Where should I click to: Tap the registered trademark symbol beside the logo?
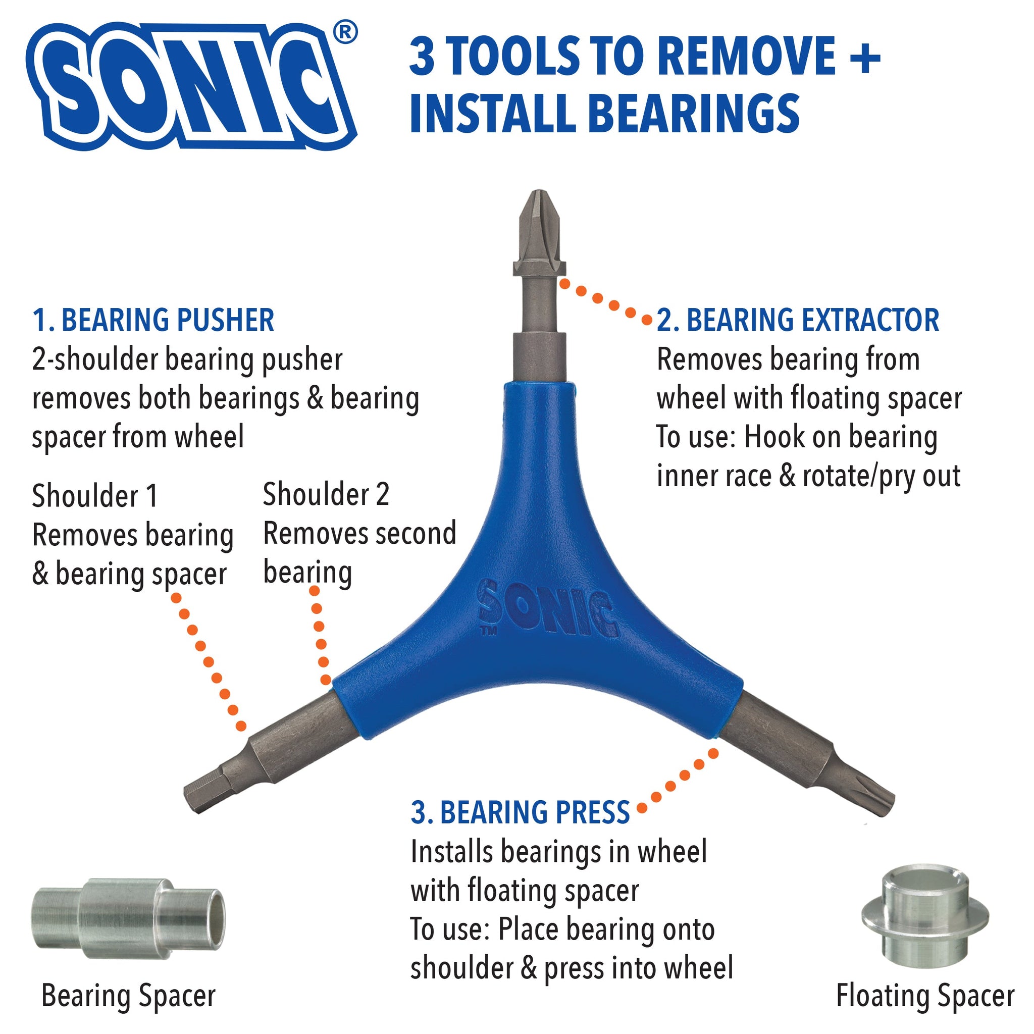[x=345, y=33]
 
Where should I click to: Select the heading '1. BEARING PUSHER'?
[x=153, y=320]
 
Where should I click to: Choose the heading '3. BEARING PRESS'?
[x=520, y=812]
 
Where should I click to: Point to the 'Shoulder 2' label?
[x=326, y=493]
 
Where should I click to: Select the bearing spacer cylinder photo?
[x=128, y=918]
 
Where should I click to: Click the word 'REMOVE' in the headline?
[x=746, y=56]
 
